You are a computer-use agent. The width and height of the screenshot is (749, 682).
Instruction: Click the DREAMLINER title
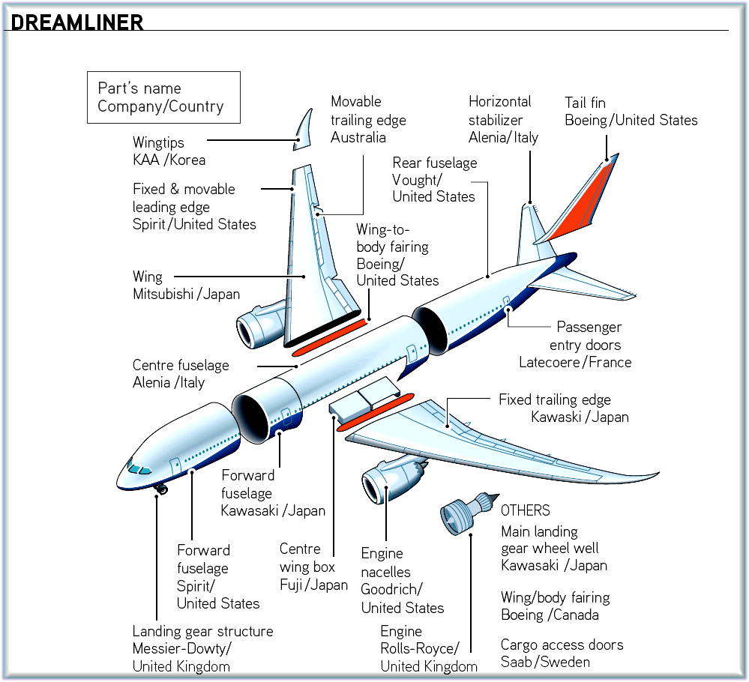tap(77, 22)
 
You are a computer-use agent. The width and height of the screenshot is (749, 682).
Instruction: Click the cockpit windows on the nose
tap(136, 469)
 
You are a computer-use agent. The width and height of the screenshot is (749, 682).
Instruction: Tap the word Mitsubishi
tap(163, 295)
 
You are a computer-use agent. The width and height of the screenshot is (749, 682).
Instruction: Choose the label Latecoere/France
tap(575, 363)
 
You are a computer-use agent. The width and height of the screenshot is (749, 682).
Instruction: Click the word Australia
tap(358, 138)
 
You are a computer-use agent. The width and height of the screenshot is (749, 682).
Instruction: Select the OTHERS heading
tap(526, 511)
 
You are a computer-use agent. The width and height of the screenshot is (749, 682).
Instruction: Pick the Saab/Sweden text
tap(545, 662)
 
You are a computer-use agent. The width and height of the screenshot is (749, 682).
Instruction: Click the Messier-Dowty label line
tap(182, 648)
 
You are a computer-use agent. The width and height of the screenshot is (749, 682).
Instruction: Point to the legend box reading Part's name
tap(163, 97)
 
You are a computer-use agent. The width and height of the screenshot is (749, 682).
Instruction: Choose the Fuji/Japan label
tap(313, 585)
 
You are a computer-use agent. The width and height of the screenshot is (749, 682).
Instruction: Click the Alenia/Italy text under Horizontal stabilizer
tap(503, 137)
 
